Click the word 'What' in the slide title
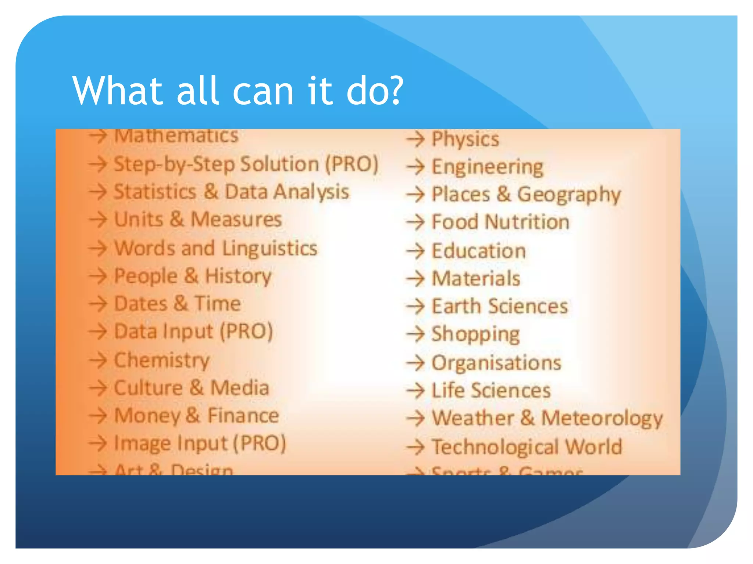pyautogui.click(x=118, y=91)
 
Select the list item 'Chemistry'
pyautogui.click(x=162, y=360)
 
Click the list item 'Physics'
pyautogui.click(x=465, y=139)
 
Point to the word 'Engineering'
pyautogui.click(x=487, y=167)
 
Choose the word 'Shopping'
pyautogui.click(x=475, y=334)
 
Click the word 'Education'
pyautogui.click(x=478, y=251)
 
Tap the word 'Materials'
pyautogui.click(x=476, y=278)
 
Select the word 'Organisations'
pyautogui.click(x=496, y=363)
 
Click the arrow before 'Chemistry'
pyautogui.click(x=98, y=360)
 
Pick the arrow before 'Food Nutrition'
pyautogui.click(x=415, y=223)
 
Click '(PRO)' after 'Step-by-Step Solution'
pyautogui.click(x=352, y=164)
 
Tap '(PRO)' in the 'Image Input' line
pyautogui.click(x=260, y=443)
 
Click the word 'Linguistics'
pyautogui.click(x=270, y=249)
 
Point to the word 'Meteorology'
pyautogui.click(x=602, y=418)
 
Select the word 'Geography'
pyautogui.click(x=569, y=195)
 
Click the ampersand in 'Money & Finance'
pyautogui.click(x=193, y=415)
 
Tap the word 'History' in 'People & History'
pyautogui.click(x=238, y=276)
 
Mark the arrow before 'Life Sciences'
pyautogui.click(x=415, y=391)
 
